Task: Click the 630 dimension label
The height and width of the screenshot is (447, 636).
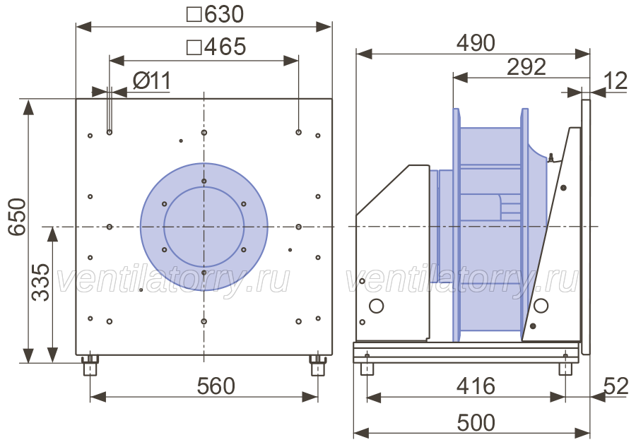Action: tap(224, 14)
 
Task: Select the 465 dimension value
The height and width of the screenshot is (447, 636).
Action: tap(225, 47)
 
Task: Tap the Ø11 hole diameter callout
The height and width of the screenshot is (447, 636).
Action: tap(152, 81)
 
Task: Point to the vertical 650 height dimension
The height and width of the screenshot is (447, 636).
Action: tap(18, 216)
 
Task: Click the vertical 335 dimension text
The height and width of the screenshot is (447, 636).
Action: tap(40, 282)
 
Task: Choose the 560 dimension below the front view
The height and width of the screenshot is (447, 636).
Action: tap(216, 386)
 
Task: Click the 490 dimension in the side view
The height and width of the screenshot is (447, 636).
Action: tap(476, 43)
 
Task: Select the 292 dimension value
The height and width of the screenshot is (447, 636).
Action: tap(526, 67)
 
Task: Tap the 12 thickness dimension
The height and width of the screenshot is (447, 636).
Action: tap(616, 81)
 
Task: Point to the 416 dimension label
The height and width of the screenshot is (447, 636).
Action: tap(476, 386)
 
